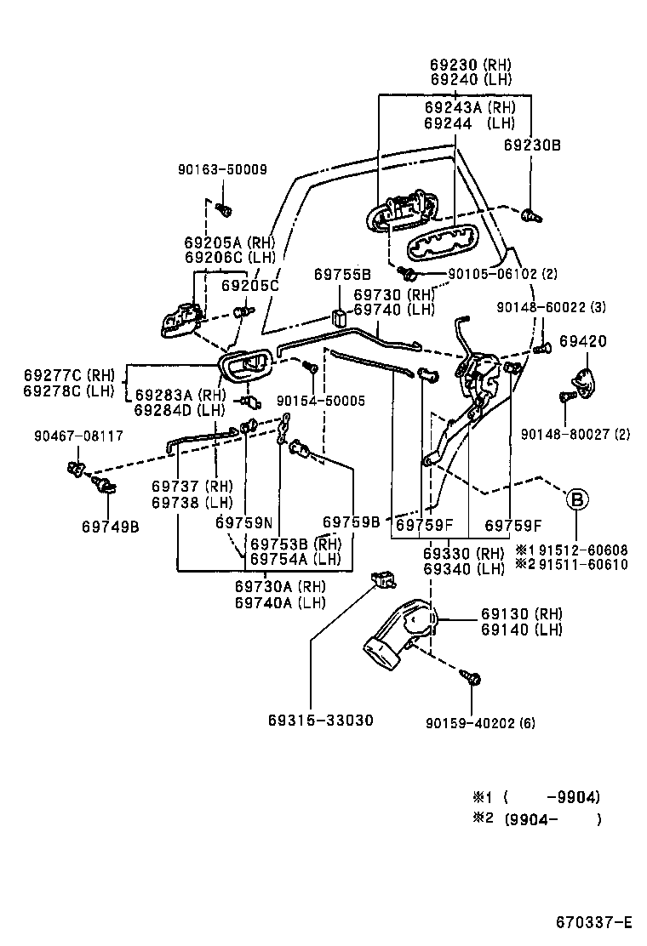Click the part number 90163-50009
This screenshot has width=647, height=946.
[x=222, y=169]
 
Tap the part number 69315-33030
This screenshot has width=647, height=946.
[x=320, y=720]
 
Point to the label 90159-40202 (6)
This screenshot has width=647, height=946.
[x=480, y=723]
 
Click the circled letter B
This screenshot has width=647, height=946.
[x=577, y=499]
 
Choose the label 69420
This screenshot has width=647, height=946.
[x=583, y=341]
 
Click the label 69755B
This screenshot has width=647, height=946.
[x=342, y=274]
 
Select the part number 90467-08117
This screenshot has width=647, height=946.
[x=78, y=436]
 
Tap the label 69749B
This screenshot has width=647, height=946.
[x=111, y=526]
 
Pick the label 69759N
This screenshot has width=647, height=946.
[x=243, y=522]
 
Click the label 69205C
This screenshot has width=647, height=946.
[x=250, y=285]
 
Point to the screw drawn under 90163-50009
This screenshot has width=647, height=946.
[x=224, y=208]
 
